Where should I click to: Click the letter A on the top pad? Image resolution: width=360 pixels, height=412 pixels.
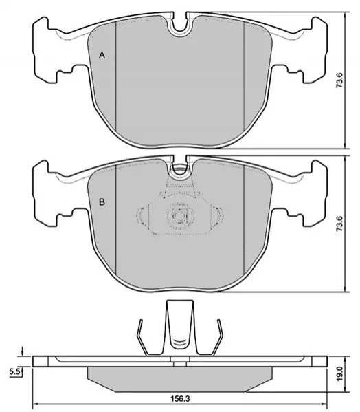[102, 56]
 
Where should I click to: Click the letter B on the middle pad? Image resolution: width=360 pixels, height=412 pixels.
[102, 202]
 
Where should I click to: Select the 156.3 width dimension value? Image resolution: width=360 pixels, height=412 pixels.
[180, 399]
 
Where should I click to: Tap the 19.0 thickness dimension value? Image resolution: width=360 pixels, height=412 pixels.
[340, 374]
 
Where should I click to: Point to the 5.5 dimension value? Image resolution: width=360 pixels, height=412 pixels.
[14, 372]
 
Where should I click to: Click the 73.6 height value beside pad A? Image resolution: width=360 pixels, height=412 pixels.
[339, 80]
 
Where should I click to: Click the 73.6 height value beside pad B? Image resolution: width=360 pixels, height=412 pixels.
[339, 224]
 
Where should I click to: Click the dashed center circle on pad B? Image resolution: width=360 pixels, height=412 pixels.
[180, 216]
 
